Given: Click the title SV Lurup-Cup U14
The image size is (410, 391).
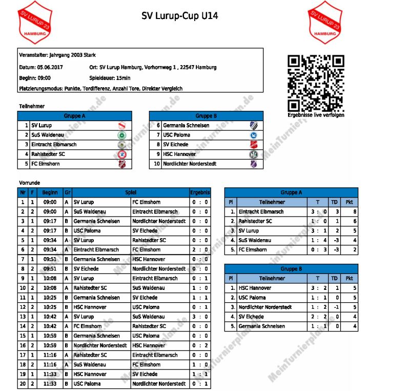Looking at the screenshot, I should pyautogui.click(x=180, y=16).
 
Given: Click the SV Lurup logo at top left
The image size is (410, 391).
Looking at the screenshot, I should pyautogui.click(x=35, y=22).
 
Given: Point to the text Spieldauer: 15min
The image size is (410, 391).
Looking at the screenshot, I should pyautogui.click(x=110, y=78).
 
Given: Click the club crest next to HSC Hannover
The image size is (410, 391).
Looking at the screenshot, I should pyautogui.click(x=253, y=154).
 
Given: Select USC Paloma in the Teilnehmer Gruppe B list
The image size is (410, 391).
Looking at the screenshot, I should pyautogui.click(x=177, y=135).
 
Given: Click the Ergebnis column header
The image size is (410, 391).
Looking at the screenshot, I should pyautogui.click(x=200, y=192).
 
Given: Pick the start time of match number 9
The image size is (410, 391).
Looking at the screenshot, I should pyautogui.click(x=50, y=279).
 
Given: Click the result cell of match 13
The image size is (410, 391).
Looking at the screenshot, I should pyautogui.click(x=200, y=317).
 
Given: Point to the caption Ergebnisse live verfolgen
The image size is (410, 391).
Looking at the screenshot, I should pyautogui.click(x=315, y=115).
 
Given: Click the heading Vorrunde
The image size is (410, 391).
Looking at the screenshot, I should pyautogui.click(x=29, y=183).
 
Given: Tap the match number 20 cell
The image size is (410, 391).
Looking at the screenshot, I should pyautogui.click(x=22, y=384).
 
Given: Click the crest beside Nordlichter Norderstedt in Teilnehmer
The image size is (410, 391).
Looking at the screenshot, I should pyautogui.click(x=253, y=164).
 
